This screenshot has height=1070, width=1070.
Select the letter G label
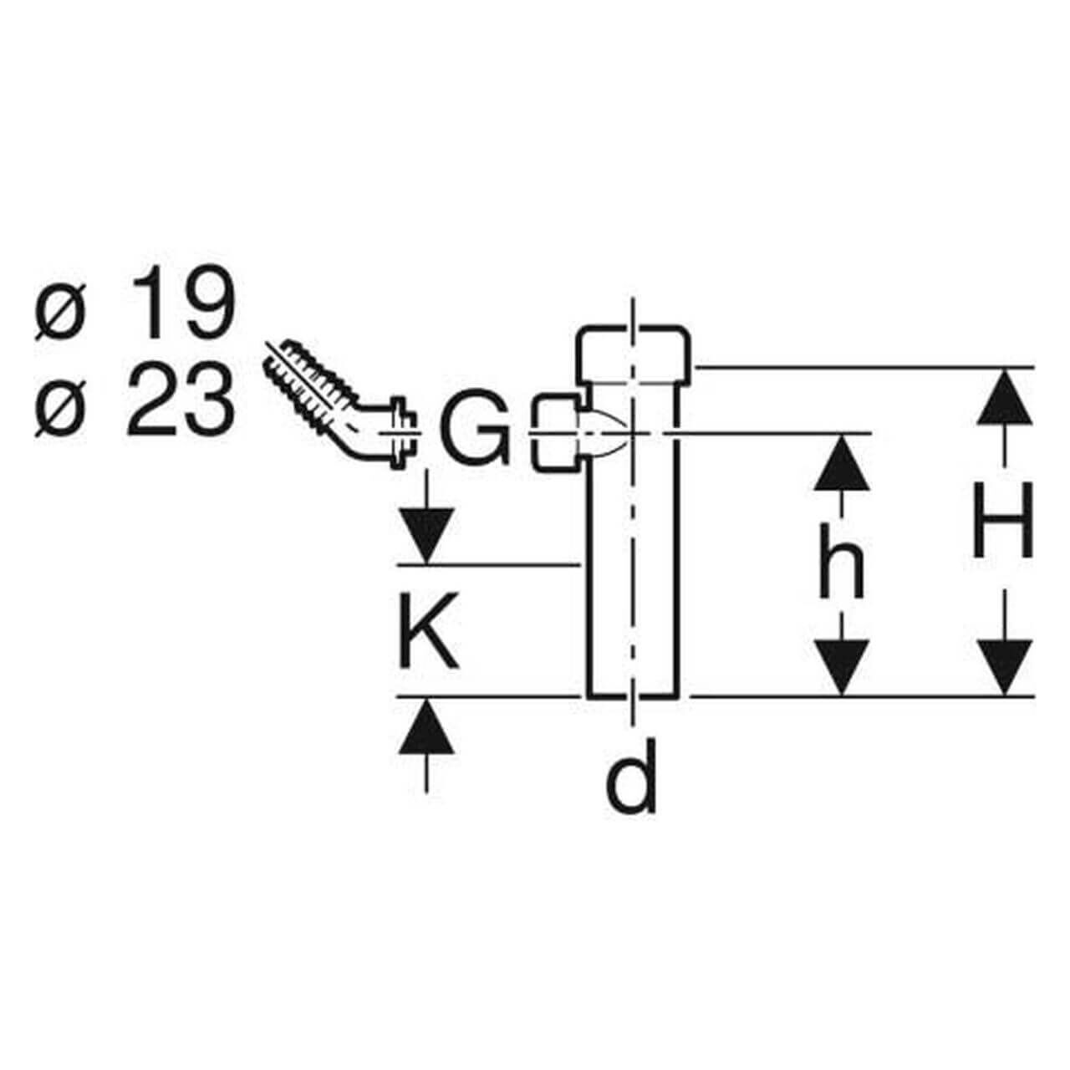click(475, 431)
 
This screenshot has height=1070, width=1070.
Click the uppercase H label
click(1003, 523)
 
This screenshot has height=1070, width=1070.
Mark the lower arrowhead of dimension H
click(1003, 667)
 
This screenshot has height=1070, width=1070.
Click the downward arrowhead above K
click(428, 535)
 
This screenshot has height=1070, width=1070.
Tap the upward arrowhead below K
click(428, 726)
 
